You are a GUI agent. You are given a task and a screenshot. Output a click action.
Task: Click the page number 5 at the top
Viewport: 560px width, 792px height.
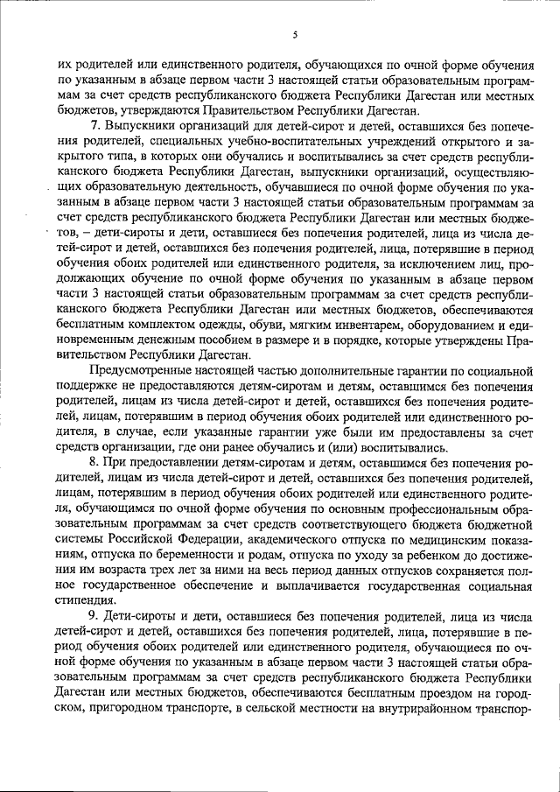pyautogui.click(x=296, y=34)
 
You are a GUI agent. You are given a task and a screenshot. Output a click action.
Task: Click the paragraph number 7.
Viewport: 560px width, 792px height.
pyautogui.click(x=95, y=129)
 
